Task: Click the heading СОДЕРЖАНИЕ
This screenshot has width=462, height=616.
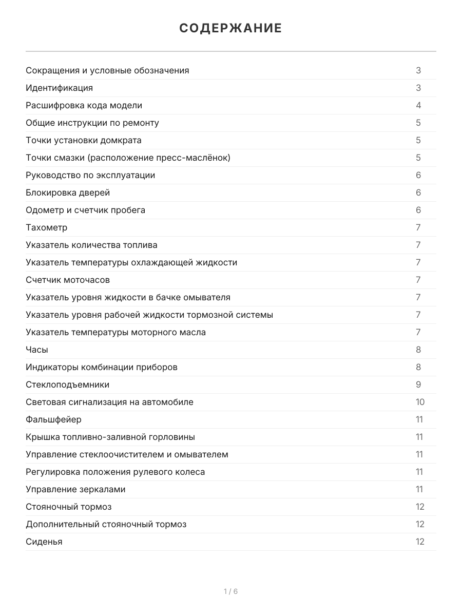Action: [x=230, y=28]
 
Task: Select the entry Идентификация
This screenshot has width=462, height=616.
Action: [x=59, y=88]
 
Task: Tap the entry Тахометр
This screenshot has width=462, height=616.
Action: [x=46, y=227]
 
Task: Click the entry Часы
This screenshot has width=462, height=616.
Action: [x=37, y=350]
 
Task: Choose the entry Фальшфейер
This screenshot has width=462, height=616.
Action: [x=53, y=419]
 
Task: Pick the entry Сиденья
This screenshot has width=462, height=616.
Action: [x=44, y=542]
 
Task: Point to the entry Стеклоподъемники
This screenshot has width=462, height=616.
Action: [x=67, y=384]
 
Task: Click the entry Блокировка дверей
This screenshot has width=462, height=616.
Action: [x=68, y=192]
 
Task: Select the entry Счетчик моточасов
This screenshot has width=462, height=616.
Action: [x=68, y=280]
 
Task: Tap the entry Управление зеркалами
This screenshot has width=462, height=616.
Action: [x=75, y=489]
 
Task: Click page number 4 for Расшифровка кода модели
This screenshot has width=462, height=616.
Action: [x=418, y=105]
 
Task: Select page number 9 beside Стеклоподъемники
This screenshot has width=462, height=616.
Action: [x=418, y=384]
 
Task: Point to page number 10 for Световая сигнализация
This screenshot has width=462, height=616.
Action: [x=420, y=402]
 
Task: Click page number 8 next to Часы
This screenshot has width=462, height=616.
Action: [x=418, y=350]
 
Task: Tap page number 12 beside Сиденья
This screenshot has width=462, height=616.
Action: [x=420, y=542]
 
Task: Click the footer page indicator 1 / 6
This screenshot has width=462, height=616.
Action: [x=230, y=591]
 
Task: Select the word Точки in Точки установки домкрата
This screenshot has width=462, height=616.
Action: [x=38, y=140]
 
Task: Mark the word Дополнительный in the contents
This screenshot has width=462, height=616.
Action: [x=60, y=524]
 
